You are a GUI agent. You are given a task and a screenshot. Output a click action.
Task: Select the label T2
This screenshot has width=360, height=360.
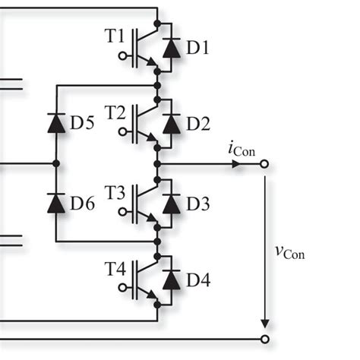pos(115,112)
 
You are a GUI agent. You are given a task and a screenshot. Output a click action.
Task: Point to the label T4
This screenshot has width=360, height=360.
pos(115,270)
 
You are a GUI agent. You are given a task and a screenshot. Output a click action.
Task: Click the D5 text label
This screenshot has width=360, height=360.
pos(83,124)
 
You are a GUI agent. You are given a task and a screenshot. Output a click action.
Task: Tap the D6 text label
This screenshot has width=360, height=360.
pos(83,203)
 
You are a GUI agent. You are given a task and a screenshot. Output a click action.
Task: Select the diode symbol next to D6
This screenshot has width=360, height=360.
pos(56,203)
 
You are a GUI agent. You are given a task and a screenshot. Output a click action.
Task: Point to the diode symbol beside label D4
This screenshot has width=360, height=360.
pos(172,280)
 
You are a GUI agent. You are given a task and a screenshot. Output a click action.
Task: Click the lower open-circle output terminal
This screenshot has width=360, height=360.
pos(264,339)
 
